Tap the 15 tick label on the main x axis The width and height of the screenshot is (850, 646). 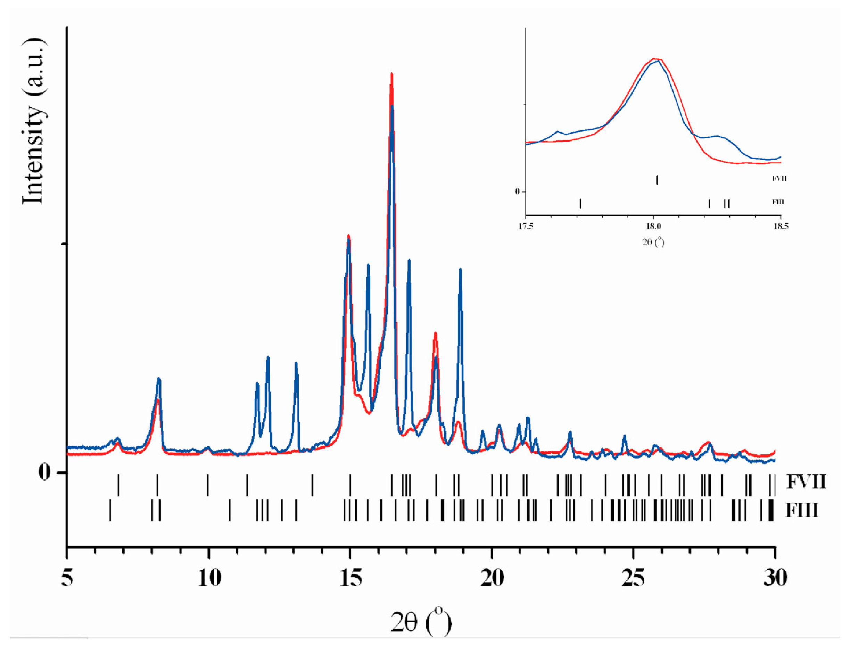(350, 578)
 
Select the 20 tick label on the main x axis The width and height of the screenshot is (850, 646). (492, 578)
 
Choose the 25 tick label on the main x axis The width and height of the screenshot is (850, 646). (633, 578)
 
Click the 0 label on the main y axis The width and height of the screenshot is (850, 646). (44, 472)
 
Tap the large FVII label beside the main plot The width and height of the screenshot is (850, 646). (806, 482)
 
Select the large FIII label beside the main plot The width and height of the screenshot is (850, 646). (802, 511)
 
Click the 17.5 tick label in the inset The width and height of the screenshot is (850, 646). (526, 226)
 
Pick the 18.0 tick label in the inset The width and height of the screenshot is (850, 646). (653, 226)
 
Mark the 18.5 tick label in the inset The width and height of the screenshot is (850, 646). (780, 226)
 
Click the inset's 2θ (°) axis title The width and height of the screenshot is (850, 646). (653, 242)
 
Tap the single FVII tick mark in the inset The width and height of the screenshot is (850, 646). (657, 180)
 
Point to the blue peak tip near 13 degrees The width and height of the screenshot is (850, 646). (296, 363)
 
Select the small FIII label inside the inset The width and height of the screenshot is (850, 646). (778, 202)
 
